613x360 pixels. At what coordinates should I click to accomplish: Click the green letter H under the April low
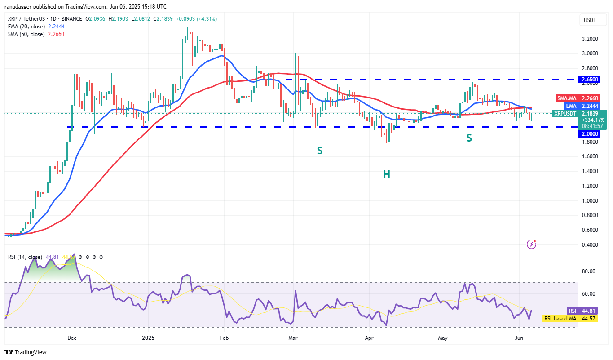(386, 174)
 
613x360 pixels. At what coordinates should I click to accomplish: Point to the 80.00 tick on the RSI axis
(589, 271)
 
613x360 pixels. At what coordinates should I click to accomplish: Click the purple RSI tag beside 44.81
(572, 311)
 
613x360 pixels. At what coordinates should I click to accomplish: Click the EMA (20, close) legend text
(26, 26)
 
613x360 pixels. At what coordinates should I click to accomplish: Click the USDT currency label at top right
(590, 20)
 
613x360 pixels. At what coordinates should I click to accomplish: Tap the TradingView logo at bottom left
(26, 352)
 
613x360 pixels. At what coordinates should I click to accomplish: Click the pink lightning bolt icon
(531, 244)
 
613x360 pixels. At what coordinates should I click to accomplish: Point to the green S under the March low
(319, 151)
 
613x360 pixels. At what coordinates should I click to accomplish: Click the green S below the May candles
(469, 138)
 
